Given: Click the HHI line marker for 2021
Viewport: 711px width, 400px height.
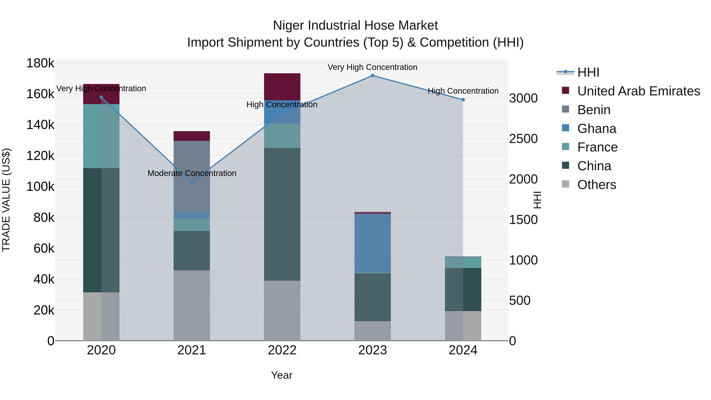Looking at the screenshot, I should pyautogui.click(x=192, y=182).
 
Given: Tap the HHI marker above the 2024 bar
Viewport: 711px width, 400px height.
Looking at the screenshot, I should pyautogui.click(x=463, y=100).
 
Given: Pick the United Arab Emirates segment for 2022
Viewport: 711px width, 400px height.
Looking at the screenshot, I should pyautogui.click(x=282, y=87).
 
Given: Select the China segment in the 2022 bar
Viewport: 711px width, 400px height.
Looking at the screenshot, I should pyautogui.click(x=282, y=214).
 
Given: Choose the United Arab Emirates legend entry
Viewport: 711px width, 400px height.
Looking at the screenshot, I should pyautogui.click(x=638, y=91).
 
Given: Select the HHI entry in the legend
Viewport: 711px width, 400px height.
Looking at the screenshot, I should pyautogui.click(x=588, y=72).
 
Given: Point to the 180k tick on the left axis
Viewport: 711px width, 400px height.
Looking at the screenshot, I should pyautogui.click(x=40, y=63).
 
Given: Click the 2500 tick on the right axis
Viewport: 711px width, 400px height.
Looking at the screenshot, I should pyautogui.click(x=523, y=139).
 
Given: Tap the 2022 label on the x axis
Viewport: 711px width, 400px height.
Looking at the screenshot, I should pyautogui.click(x=282, y=350).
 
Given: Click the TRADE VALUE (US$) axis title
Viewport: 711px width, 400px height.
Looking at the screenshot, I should pyautogui.click(x=6, y=200).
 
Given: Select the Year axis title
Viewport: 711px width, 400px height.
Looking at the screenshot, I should pyautogui.click(x=281, y=375).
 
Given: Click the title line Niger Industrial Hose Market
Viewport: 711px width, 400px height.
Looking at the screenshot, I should pyautogui.click(x=355, y=25).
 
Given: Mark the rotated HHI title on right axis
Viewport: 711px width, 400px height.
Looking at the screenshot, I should pyautogui.click(x=537, y=200).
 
